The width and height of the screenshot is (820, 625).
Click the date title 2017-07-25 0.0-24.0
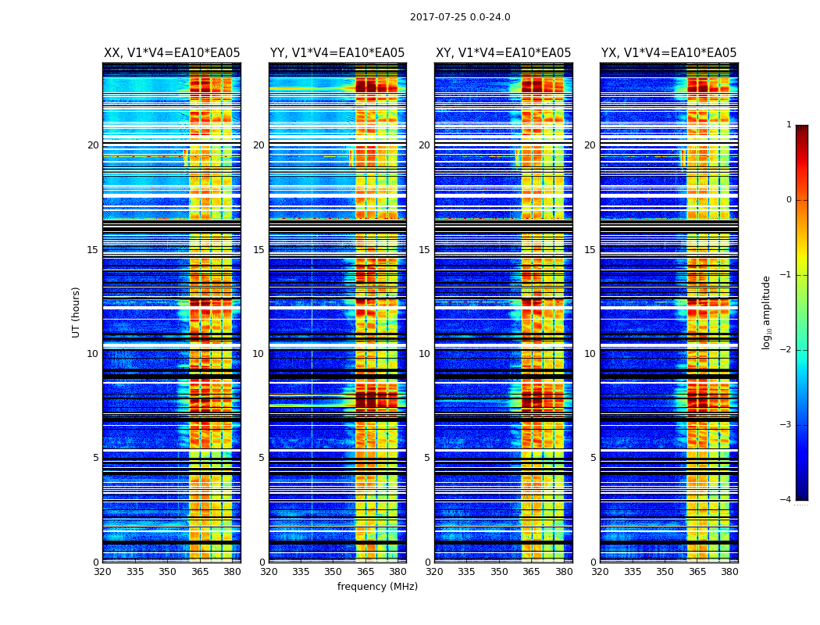(x=460, y=17)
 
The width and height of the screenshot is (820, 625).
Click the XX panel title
(x=172, y=53)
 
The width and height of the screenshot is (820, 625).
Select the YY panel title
(x=337, y=53)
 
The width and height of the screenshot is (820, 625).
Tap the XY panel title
(x=504, y=53)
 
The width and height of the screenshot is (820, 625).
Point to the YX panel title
(x=669, y=53)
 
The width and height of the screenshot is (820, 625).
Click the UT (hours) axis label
(x=77, y=312)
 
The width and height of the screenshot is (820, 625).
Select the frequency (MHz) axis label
(x=377, y=587)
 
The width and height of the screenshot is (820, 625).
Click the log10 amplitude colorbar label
(x=767, y=312)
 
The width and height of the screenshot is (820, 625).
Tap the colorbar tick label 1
(x=789, y=125)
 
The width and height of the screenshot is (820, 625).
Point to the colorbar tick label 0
(x=789, y=200)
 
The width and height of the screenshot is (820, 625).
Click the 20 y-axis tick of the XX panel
(x=93, y=145)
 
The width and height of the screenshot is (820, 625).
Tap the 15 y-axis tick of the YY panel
(x=258, y=250)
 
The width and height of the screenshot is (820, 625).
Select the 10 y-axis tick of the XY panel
(x=424, y=354)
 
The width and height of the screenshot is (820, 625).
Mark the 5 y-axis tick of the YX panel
(x=593, y=458)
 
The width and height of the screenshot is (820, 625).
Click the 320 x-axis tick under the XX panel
(x=102, y=572)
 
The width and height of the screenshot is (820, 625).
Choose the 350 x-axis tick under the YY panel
(x=333, y=572)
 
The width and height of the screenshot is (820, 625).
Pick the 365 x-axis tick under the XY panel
(x=531, y=572)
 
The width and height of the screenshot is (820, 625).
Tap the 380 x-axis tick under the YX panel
(x=729, y=572)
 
